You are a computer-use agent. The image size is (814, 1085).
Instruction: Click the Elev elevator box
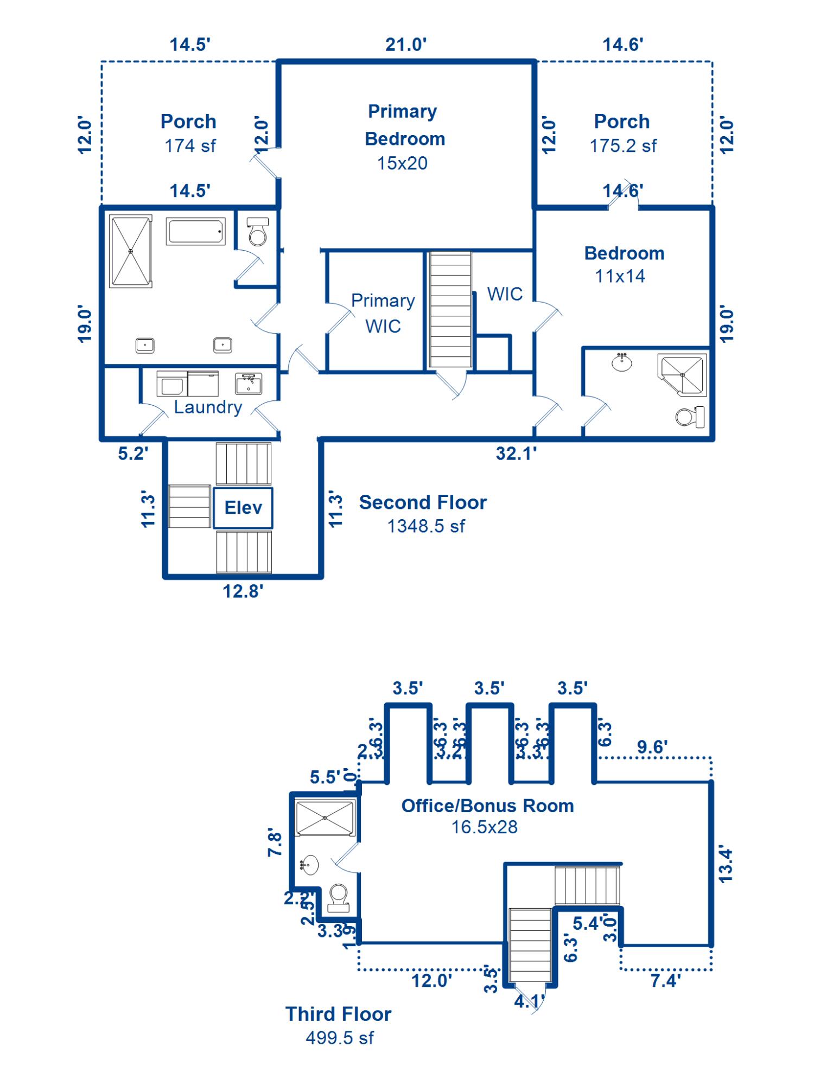[243, 508]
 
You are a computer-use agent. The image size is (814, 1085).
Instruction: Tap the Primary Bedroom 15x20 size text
[402, 163]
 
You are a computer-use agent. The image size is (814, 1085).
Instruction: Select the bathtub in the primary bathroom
[195, 232]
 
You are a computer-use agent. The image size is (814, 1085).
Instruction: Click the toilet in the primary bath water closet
[257, 232]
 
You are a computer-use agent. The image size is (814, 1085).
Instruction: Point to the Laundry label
[208, 407]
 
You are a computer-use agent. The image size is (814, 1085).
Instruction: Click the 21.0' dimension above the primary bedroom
[406, 44]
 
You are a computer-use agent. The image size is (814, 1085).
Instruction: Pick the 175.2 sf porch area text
[623, 146]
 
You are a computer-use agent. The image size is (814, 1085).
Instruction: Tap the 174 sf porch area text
[190, 146]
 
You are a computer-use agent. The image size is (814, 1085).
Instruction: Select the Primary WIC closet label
[383, 313]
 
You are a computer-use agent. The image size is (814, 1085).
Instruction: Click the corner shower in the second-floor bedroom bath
[683, 374]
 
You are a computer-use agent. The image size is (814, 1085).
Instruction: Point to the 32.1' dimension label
[516, 454]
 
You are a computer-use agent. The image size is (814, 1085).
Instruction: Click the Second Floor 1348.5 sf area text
[426, 526]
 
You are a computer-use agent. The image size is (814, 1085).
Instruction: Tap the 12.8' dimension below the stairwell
[243, 591]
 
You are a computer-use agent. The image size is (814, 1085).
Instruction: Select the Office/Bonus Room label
[487, 806]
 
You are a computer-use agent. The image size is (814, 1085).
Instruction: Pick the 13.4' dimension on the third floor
[726, 865]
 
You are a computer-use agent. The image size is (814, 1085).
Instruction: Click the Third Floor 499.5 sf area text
[340, 1038]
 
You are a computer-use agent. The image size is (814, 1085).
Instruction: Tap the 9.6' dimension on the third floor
[652, 747]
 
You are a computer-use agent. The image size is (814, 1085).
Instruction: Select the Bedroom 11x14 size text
[620, 276]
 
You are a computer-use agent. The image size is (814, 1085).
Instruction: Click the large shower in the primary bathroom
[130, 251]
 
